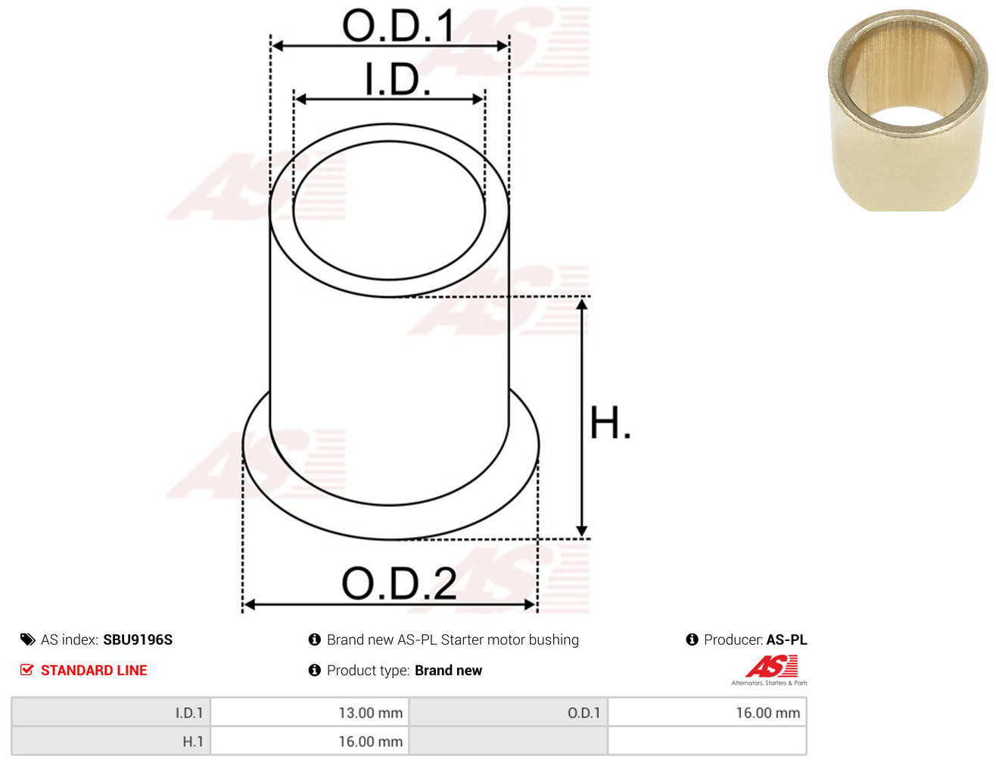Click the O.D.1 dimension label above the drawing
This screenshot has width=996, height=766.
(x=398, y=26)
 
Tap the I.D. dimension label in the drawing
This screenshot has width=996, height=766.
(x=397, y=80)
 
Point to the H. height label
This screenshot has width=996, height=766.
(x=610, y=422)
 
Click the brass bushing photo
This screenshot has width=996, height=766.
(x=907, y=110)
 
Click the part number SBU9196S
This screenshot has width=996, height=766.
(x=138, y=639)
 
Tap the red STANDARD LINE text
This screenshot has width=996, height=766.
(x=94, y=670)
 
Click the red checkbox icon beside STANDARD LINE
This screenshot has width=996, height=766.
(x=27, y=670)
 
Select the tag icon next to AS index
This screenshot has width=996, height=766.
(x=27, y=639)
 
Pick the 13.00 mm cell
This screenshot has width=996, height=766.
(x=370, y=713)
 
